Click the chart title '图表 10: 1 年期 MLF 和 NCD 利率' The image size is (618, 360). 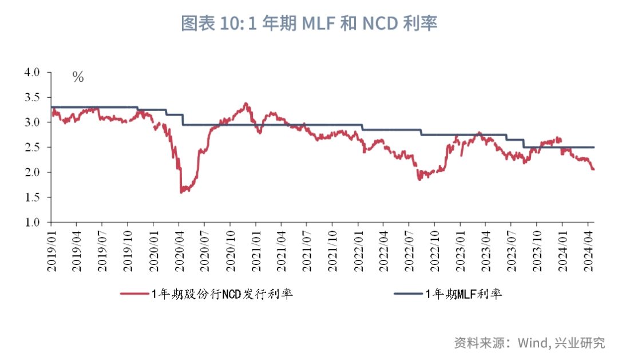pyautogui.click(x=309, y=23)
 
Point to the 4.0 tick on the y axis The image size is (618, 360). pyautogui.click(x=32, y=73)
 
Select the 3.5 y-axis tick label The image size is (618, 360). pyautogui.click(x=32, y=98)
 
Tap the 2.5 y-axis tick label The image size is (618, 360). pyautogui.click(x=32, y=148)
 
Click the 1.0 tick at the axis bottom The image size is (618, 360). pyautogui.click(x=32, y=223)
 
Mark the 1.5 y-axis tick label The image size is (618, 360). pyautogui.click(x=32, y=197)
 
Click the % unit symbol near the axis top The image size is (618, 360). pyautogui.click(x=78, y=77)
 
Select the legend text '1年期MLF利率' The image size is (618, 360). pyautogui.click(x=463, y=294)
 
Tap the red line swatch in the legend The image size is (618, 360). pyautogui.click(x=134, y=294)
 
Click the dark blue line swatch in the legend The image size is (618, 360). pyautogui.click(x=408, y=294)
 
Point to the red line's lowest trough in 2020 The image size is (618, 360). pyautogui.click(x=181, y=192)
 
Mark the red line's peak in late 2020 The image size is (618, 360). pyautogui.click(x=245, y=104)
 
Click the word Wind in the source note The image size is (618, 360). pyautogui.click(x=534, y=343)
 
